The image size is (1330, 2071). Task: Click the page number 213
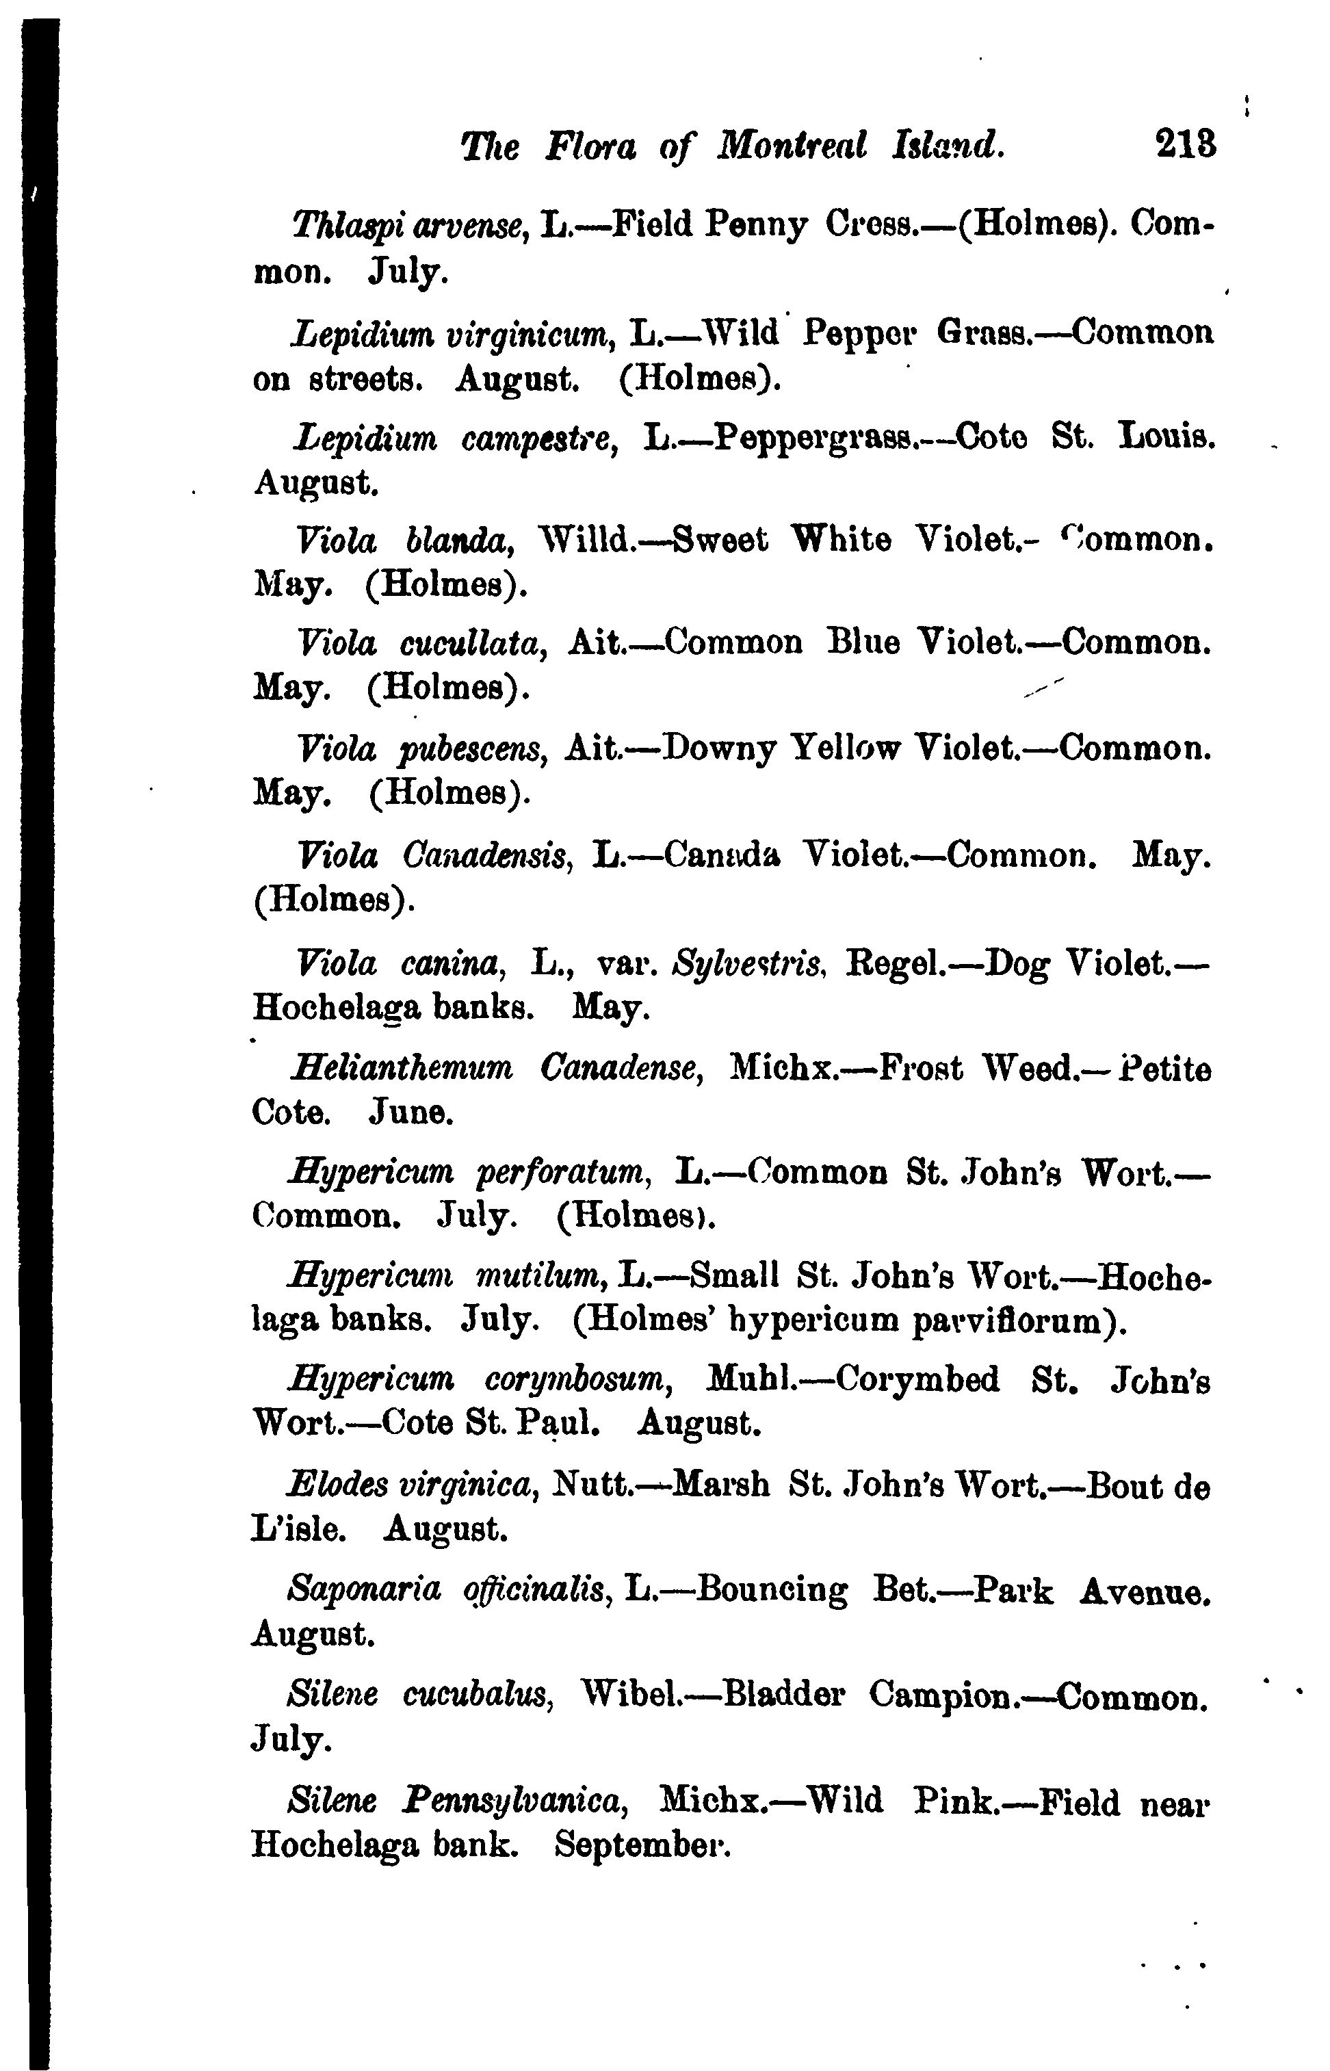click(1186, 145)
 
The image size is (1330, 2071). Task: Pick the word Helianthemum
click(402, 1069)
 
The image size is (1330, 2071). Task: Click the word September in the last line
click(642, 1845)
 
